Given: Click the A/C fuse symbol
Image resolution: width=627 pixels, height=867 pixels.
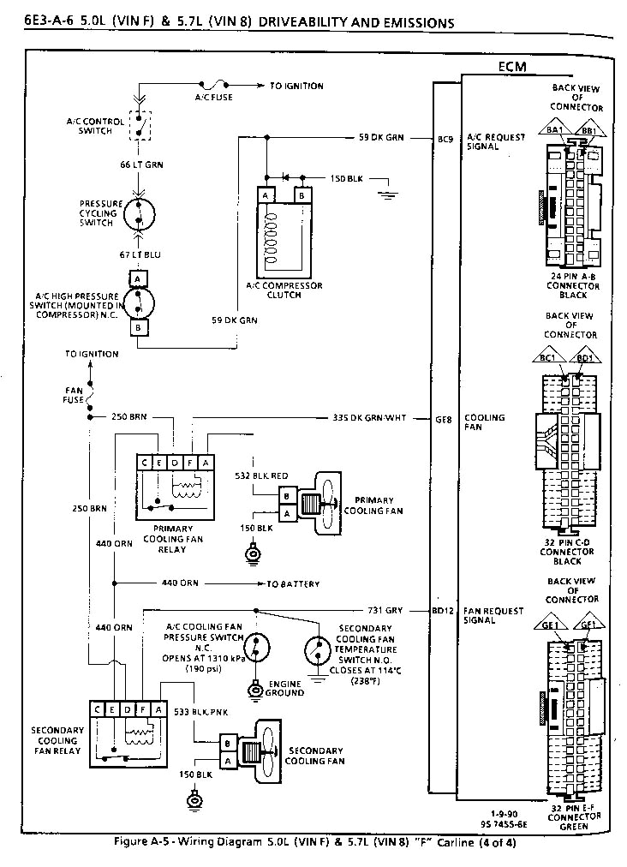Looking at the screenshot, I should click(212, 86).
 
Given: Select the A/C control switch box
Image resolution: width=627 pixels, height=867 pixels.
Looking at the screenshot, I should click(140, 125).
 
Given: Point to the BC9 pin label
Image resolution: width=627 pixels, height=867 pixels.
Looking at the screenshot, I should click(445, 138).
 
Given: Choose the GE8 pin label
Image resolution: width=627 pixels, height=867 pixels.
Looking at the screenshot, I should click(444, 418).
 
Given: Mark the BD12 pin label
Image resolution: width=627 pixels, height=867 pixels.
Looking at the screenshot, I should click(444, 612).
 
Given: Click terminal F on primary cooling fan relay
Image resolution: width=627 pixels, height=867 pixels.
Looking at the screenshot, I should click(191, 463).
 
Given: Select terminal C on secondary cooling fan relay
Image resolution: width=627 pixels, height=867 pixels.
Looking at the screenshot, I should click(101, 709).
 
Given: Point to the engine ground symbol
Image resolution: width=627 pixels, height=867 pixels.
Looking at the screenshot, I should click(254, 688).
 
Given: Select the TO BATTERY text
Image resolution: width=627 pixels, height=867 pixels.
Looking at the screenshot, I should click(293, 584).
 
